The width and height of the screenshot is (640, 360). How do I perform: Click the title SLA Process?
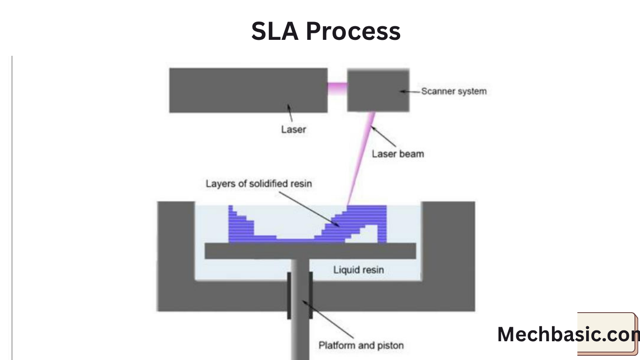[x=326, y=31]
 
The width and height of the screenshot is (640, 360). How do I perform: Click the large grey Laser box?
[x=248, y=90]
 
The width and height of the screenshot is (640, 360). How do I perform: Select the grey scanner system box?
[x=378, y=90]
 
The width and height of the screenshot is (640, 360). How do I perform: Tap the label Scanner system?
[x=454, y=91]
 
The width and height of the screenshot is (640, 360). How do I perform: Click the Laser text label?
[x=293, y=129]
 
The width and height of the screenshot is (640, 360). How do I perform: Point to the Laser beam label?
[x=398, y=153]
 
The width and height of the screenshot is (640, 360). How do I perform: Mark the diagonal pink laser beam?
[x=361, y=159]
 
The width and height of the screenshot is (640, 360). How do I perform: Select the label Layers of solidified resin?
[x=258, y=183]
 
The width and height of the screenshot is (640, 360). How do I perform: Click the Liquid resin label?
[x=358, y=270]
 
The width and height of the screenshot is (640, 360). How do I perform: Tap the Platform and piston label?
[x=361, y=345]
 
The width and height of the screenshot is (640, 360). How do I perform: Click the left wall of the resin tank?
[x=176, y=244]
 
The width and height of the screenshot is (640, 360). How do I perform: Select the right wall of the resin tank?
[x=448, y=244]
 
